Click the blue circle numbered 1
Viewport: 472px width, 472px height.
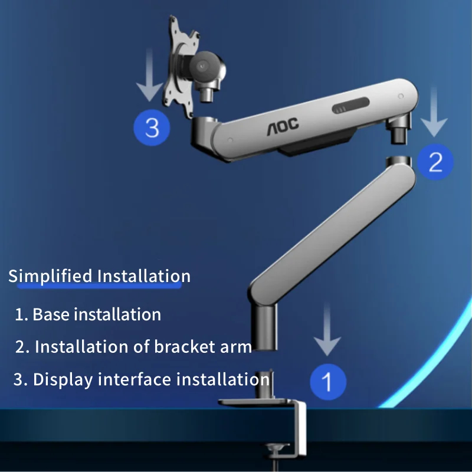point(328,382)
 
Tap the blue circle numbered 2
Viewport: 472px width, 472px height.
point(435,162)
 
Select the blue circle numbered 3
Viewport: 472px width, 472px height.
point(152,127)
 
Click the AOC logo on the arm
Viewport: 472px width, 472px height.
point(283,126)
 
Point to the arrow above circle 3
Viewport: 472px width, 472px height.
point(150,75)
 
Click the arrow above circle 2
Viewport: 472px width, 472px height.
point(434,112)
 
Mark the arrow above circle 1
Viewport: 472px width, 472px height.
point(327,330)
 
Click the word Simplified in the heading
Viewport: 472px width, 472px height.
point(50,277)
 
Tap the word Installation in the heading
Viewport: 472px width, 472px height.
point(144,276)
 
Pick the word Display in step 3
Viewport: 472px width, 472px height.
point(63,379)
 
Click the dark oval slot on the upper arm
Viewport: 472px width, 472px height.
point(350,106)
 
